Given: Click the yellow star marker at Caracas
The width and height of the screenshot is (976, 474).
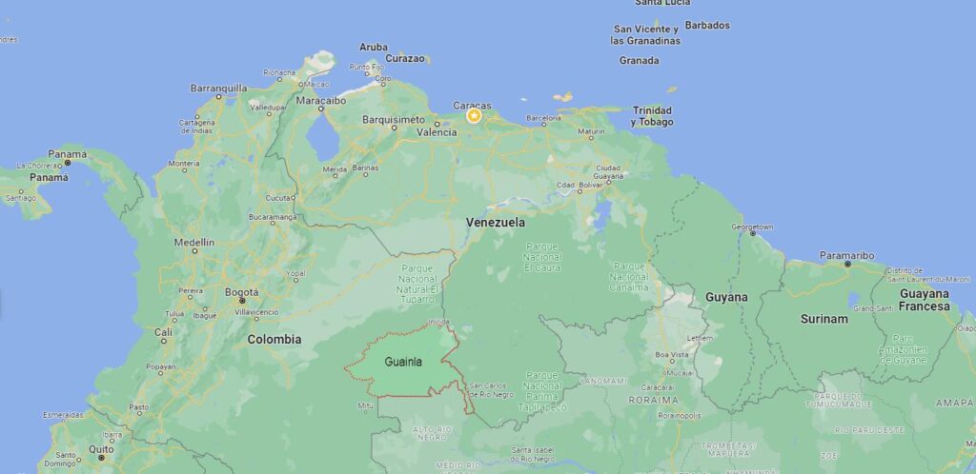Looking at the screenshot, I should tap(474, 116).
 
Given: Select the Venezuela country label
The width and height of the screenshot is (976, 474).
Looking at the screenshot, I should tap(495, 222).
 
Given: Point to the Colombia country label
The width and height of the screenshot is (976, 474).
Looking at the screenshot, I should tap(274, 339).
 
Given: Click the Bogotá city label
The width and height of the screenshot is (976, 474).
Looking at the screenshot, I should tap(241, 291).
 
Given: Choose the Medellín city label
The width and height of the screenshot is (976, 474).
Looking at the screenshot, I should tap(194, 243).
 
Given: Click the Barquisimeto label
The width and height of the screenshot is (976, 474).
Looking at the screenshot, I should tap(393, 120).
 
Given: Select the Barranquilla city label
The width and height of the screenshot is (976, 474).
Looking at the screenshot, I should tap(219, 88).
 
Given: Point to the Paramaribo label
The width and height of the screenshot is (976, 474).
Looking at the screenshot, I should tap(846, 255).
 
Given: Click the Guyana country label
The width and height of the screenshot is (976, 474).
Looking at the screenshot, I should tap(726, 297).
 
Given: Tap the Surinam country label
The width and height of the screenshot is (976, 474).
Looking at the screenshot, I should tap(823, 319).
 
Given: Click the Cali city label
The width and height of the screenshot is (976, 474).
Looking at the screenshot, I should tap(164, 332).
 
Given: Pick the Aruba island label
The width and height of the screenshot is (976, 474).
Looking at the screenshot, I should tap(374, 47).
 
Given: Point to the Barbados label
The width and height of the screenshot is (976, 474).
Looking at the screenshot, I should tap(707, 26).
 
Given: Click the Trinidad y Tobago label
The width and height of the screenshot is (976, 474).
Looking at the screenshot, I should tap(652, 116).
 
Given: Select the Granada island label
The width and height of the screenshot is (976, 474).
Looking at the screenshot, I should tap(639, 61).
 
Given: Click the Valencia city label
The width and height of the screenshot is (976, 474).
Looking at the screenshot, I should tap(437, 132).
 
